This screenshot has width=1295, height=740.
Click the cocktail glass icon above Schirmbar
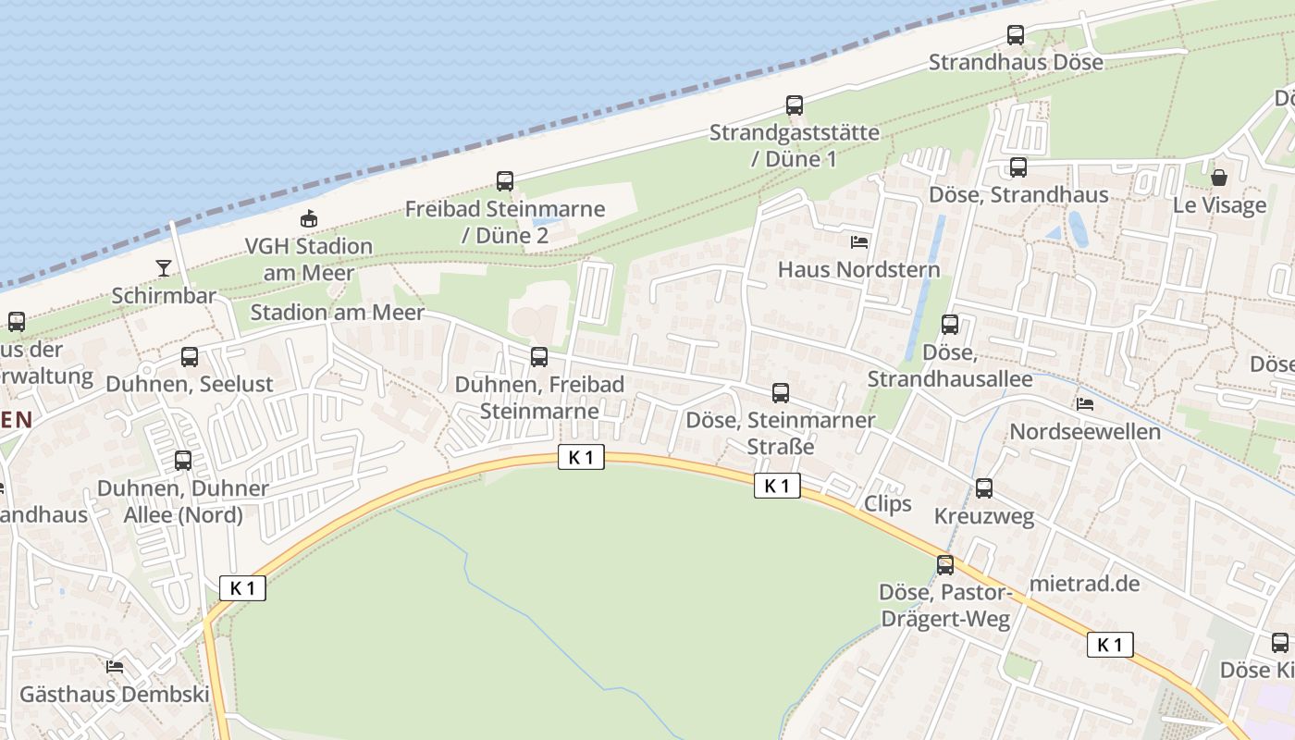tap(164, 268)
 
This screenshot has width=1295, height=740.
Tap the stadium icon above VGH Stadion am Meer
tap(308, 219)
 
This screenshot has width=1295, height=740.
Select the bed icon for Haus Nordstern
tap(859, 242)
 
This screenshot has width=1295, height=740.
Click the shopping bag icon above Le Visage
tap(1219, 178)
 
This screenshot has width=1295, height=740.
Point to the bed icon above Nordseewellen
tap(1085, 404)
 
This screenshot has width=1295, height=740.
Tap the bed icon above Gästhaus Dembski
tap(115, 666)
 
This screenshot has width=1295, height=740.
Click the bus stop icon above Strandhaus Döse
tap(1016, 35)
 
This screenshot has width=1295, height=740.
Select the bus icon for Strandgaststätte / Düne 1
tap(795, 105)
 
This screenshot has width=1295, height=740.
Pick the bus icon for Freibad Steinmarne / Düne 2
tap(505, 181)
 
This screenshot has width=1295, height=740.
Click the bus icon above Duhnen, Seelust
tap(190, 357)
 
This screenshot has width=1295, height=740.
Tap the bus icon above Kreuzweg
tap(984, 488)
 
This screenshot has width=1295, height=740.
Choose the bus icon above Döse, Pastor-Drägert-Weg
tap(945, 565)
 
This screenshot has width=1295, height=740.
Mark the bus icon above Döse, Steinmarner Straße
tap(781, 393)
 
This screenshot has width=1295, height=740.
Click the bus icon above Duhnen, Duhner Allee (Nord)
tap(183, 461)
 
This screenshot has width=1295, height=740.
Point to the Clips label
tap(887, 504)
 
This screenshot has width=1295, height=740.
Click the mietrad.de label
tap(1084, 584)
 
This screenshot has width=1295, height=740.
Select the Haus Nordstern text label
tap(859, 270)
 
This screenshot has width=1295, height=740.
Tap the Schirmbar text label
tap(164, 296)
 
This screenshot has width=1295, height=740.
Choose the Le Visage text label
tap(1219, 205)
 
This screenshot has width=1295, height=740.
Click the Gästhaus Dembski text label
tap(115, 694)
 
